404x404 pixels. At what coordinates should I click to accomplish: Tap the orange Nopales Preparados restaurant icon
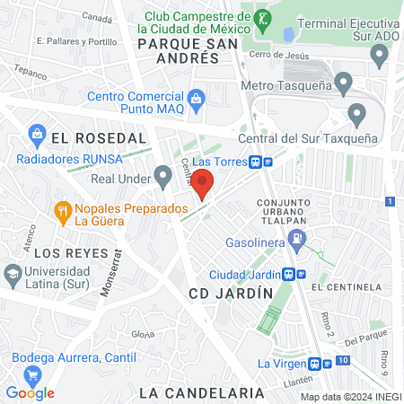tap(63, 213)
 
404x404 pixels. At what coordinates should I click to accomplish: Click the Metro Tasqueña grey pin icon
tap(345, 86)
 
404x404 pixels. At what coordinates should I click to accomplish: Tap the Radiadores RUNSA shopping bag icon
tap(38, 136)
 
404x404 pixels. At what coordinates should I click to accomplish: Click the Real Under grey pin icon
tap(162, 176)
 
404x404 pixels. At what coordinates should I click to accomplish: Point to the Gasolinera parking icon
tap(297, 240)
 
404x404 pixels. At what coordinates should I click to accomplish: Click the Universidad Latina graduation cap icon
tap(12, 272)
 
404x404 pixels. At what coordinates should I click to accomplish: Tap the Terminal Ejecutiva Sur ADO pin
tap(381, 56)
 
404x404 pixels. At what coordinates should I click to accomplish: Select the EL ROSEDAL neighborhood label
tap(98, 138)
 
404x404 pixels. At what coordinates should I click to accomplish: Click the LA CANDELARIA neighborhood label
tap(202, 392)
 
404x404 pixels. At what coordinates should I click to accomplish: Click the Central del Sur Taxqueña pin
tap(357, 114)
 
